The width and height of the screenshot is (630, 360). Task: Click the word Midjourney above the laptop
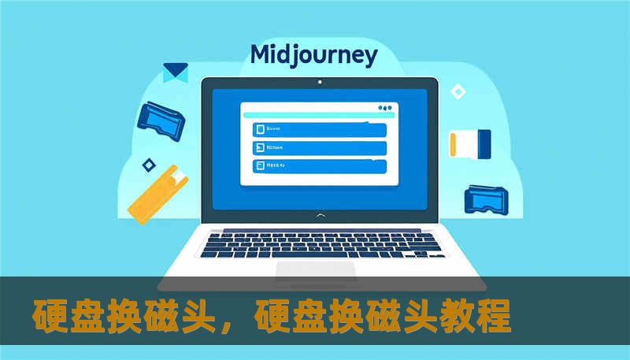point(313,56)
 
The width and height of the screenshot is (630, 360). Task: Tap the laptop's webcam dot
point(319,81)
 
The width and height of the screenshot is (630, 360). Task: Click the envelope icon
point(175,72)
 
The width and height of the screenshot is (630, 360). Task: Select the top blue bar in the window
point(319,129)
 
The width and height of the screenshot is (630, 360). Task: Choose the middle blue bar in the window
point(319,148)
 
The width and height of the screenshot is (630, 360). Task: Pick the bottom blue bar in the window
point(319,166)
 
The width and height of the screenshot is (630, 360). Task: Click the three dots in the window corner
point(384,108)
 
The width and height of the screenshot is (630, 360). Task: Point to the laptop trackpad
point(315,270)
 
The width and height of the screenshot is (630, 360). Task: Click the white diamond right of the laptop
point(458,92)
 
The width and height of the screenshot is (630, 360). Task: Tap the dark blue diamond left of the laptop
point(147,165)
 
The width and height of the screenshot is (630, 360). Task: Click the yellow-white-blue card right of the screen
point(470,142)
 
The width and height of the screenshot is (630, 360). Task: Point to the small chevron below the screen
point(319,214)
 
